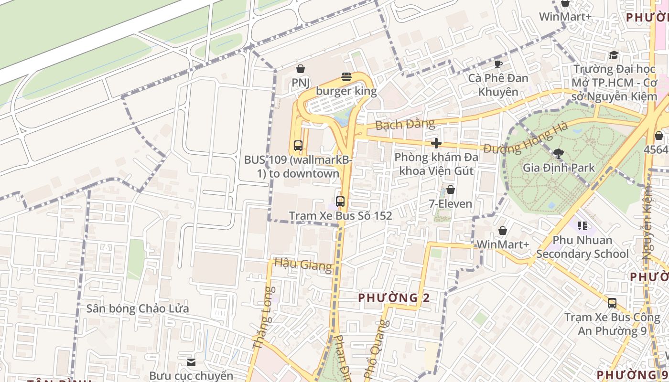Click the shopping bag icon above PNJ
click(x=301, y=69)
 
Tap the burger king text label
click(x=346, y=91)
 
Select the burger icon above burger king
click(x=346, y=77)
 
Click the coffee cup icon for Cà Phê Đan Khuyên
click(x=498, y=64)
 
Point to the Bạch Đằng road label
click(x=405, y=125)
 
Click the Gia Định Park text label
click(x=559, y=168)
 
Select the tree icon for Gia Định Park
click(x=558, y=153)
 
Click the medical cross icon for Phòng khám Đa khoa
click(x=436, y=143)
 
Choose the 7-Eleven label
click(x=450, y=204)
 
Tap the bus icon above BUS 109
click(x=298, y=146)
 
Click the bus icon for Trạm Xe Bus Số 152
click(x=340, y=202)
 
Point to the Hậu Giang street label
click(x=302, y=265)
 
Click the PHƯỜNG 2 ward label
click(x=394, y=298)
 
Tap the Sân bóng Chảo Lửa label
click(x=138, y=308)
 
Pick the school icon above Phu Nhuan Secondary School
click(x=582, y=225)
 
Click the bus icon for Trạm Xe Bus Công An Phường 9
click(x=612, y=303)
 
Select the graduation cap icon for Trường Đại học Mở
click(x=614, y=55)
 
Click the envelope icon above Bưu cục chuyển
click(x=191, y=362)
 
